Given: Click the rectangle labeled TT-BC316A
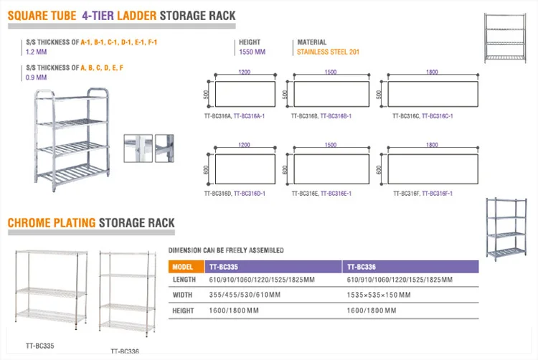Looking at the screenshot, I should (244, 94).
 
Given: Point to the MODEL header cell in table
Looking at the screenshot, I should (184, 265).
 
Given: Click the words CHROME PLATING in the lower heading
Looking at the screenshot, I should (52, 223).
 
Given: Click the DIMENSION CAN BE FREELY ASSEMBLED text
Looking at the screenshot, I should (225, 250).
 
